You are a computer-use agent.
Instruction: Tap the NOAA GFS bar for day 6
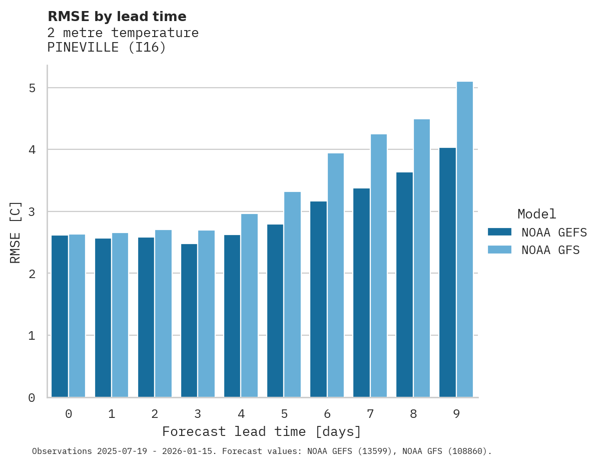[335, 275]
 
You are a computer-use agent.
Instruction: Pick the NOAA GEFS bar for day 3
[189, 321]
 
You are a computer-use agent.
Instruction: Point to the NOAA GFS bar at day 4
[249, 306]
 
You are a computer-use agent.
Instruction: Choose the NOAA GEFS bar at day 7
[361, 293]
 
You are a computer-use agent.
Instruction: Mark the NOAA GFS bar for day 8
[421, 258]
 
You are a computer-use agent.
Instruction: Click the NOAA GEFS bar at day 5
[275, 311]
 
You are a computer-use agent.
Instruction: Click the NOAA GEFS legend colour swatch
[499, 232]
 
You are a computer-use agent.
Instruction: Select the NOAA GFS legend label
[550, 250]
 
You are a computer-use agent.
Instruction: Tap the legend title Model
[536, 214]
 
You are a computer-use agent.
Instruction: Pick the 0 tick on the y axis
[32, 398]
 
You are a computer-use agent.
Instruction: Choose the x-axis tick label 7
[370, 414]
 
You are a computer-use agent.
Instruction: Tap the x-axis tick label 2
[155, 414]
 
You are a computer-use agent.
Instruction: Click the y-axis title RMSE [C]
[16, 231]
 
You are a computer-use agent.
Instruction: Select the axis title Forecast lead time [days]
[261, 431]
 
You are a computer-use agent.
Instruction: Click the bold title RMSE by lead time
[117, 17]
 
